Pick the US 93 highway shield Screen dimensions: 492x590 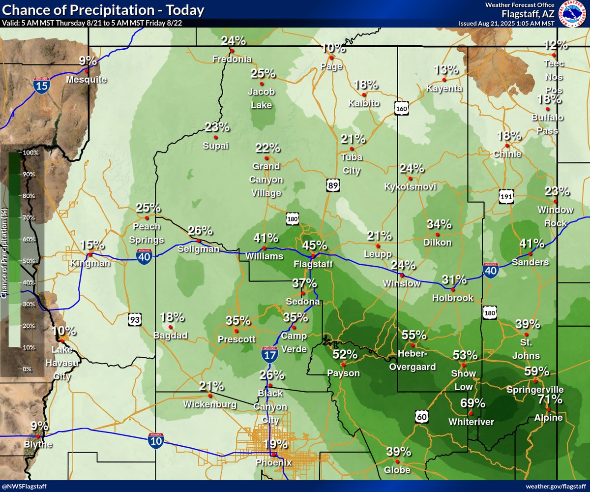pos(135,320)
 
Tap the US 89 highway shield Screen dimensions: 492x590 pos(333,185)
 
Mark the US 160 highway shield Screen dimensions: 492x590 pos(402,108)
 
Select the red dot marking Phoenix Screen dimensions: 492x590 pos(273,455)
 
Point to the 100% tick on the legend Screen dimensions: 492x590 pos(31,153)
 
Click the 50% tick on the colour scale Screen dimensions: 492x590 pos(31,261)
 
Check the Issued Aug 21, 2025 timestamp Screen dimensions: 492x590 pos(506,23)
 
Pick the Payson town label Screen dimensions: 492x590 pos(344,373)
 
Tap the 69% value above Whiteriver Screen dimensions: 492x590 pos(473,403)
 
